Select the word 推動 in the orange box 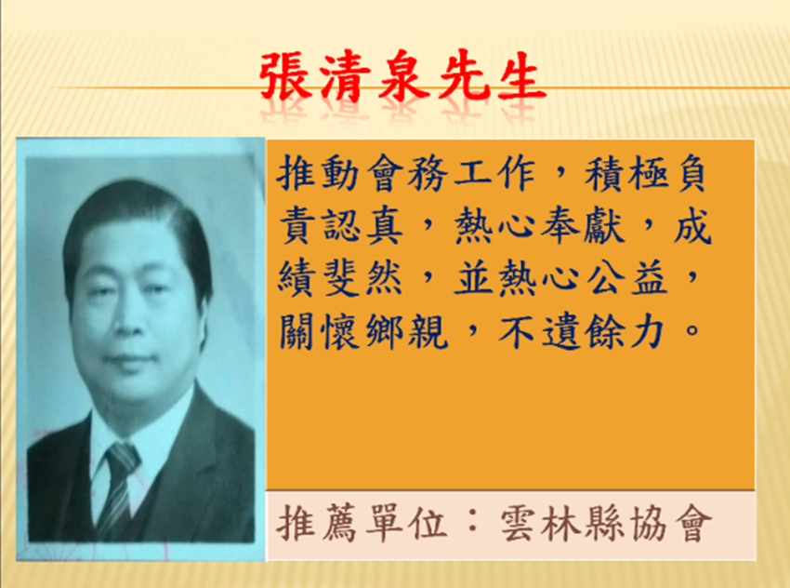(319, 172)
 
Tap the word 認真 (363, 226)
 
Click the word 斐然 (363, 279)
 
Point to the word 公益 (627, 279)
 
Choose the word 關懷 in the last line (319, 332)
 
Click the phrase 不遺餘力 (581, 332)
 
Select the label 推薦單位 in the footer (362, 523)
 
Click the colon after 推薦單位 (472, 523)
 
